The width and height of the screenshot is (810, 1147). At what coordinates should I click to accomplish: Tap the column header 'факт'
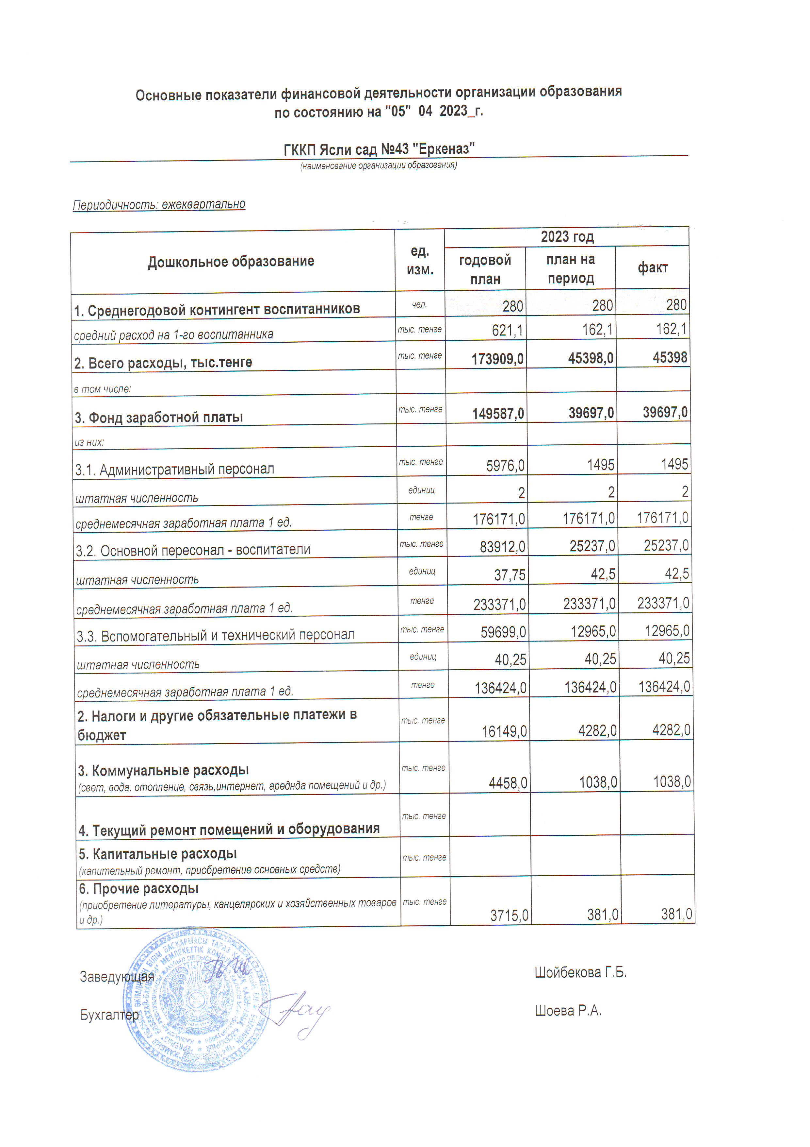(652, 268)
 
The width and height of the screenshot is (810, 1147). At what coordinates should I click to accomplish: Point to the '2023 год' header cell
(567, 237)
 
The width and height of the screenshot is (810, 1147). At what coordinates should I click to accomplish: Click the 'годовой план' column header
(485, 269)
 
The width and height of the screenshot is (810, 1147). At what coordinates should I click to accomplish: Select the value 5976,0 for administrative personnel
(505, 466)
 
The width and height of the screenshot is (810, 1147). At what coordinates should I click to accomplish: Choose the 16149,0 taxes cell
(504, 731)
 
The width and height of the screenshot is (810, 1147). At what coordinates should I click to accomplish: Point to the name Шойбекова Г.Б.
(580, 972)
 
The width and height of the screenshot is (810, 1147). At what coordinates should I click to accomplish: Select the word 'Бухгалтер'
(109, 1015)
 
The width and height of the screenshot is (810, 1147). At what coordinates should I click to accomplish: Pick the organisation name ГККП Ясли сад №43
(379, 149)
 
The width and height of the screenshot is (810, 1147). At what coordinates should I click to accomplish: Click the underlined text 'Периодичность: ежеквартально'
(159, 204)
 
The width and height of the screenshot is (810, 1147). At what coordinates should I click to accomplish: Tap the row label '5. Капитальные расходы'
(158, 854)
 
